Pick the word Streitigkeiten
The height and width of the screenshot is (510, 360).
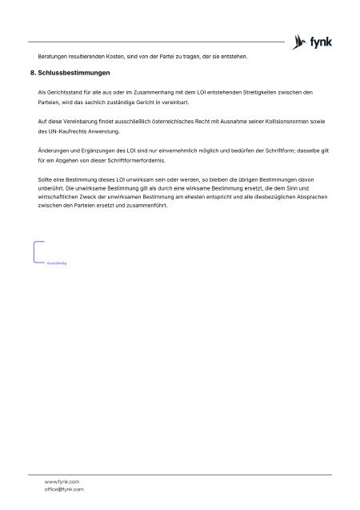[263, 92]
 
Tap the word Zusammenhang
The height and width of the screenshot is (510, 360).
[153, 92]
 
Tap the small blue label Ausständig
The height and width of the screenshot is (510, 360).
[55, 262]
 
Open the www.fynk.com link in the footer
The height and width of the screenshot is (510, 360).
[61, 482]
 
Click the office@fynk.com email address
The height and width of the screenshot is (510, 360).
[64, 489]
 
